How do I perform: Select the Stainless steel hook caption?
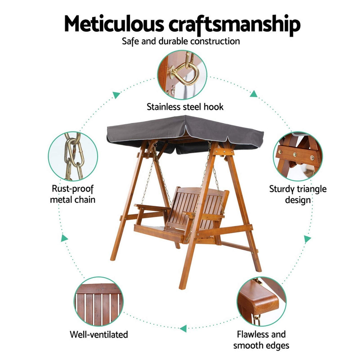pos(185,107)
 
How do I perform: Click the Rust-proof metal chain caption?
pos(73,194)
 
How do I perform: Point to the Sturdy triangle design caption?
pos(298,194)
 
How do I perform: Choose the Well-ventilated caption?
pos(99,334)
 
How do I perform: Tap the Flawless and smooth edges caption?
pos(261,340)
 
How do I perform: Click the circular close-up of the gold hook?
pos(182,74)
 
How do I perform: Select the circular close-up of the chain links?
pos(73,157)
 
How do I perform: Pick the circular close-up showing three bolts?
pos(297,156)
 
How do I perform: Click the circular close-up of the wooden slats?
pos(98,301)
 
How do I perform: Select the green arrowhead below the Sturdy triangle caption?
pos(308,239)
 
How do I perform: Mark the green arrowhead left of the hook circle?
pos(116,95)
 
